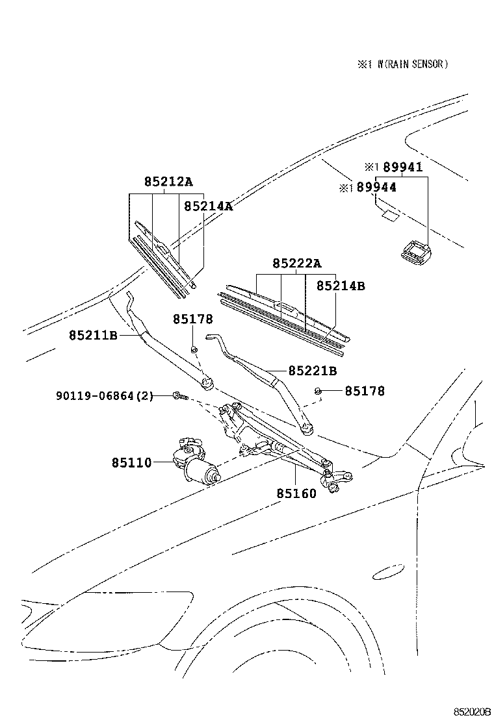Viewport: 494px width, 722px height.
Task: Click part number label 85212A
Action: click(168, 182)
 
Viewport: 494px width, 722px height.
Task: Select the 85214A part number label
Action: click(208, 206)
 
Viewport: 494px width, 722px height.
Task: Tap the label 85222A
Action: click(297, 263)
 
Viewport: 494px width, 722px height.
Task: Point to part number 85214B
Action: click(341, 286)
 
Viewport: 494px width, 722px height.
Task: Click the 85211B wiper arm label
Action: click(93, 335)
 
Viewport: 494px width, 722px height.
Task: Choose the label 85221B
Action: click(313, 371)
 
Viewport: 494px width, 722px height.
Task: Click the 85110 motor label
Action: click(131, 463)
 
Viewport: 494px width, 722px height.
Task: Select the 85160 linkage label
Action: click(296, 493)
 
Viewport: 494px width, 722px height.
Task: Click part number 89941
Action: click(402, 167)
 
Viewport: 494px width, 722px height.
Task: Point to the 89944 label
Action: click(376, 187)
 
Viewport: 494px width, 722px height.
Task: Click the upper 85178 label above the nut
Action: click(193, 319)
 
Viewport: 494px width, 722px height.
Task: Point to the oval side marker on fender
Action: click(387, 571)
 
